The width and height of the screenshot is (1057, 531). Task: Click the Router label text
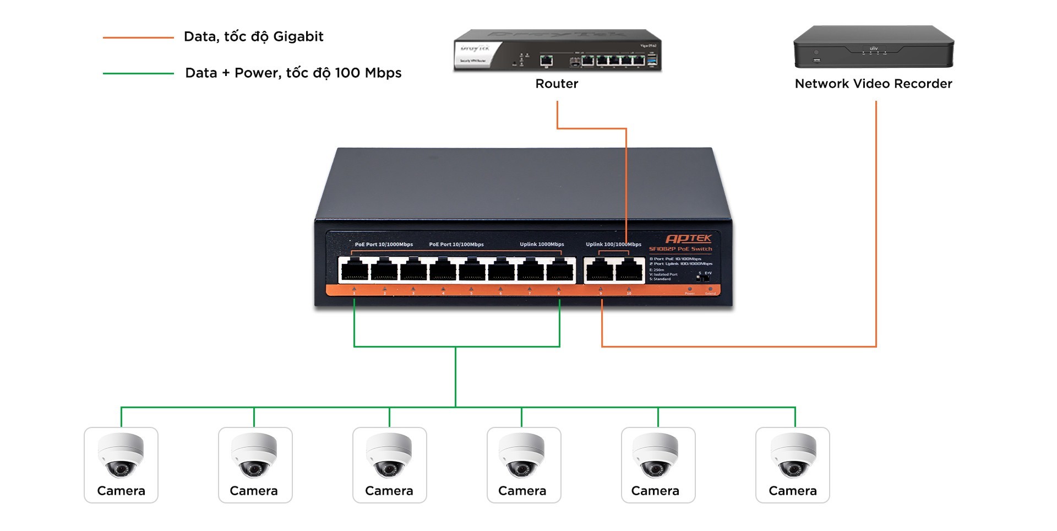tap(557, 84)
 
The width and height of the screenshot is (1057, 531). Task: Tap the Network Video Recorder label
tap(873, 84)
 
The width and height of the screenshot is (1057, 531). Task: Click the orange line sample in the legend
tap(138, 37)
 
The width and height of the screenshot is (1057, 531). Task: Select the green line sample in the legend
tap(138, 73)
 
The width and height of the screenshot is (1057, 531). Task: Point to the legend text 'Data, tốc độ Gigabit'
tap(253, 37)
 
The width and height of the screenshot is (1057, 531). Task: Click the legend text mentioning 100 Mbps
tap(293, 73)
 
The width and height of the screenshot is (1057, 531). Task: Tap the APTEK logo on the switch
tap(688, 239)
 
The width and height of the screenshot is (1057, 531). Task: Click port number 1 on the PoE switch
tap(355, 270)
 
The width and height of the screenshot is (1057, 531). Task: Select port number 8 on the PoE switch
tap(560, 270)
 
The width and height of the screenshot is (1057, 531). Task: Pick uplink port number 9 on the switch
tap(600, 270)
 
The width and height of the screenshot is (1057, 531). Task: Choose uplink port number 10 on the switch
tap(629, 270)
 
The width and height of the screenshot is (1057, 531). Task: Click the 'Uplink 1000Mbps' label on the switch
tap(542, 245)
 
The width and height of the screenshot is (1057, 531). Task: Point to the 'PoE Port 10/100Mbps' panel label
tap(456, 245)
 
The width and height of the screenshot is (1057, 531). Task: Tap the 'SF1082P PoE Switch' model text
tap(680, 249)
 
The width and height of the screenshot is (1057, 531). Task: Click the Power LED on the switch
tap(690, 289)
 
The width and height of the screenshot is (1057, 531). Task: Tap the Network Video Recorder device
tap(873, 47)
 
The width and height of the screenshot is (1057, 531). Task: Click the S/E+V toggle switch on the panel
tap(703, 278)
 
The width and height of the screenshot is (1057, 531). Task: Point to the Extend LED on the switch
tap(710, 289)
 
